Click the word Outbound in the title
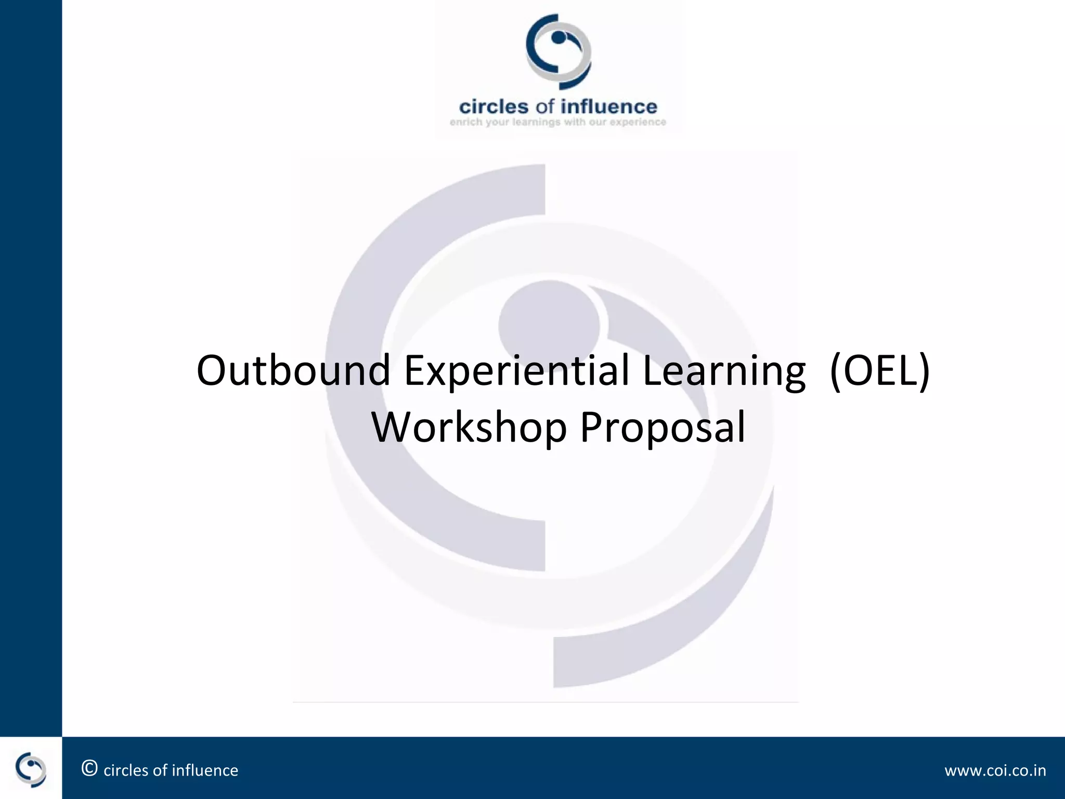pyautogui.click(x=293, y=370)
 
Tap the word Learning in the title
pyautogui.click(x=724, y=371)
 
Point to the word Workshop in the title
pyautogui.click(x=469, y=428)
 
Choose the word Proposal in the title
pyautogui.click(x=663, y=428)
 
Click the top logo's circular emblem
pyautogui.click(x=558, y=51)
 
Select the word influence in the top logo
pyautogui.click(x=609, y=107)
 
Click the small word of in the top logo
pyautogui.click(x=545, y=107)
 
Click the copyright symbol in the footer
pyautogui.click(x=89, y=768)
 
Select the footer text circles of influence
pyautogui.click(x=171, y=770)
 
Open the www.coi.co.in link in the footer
pyautogui.click(x=995, y=770)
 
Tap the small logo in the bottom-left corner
pyautogui.click(x=31, y=768)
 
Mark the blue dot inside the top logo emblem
pyautogui.click(x=558, y=37)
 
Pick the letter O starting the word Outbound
pyautogui.click(x=213, y=370)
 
